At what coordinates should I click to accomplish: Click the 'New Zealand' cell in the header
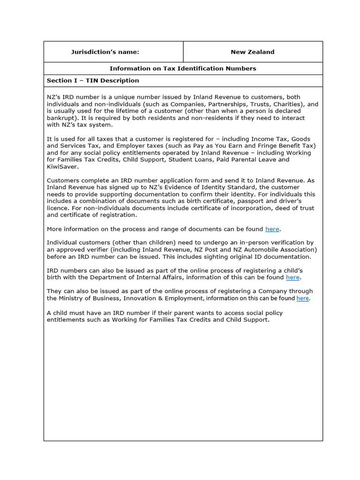252,52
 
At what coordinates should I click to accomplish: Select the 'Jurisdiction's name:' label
105,52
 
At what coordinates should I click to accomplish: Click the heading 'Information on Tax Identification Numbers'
183,68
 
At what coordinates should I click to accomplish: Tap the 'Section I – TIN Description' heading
93,81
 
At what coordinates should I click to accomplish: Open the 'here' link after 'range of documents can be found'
272,229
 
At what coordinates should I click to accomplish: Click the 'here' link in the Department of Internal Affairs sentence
292,277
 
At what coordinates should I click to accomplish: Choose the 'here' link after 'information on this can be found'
302,298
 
